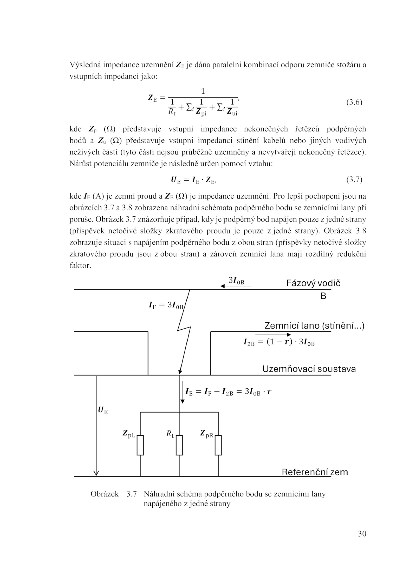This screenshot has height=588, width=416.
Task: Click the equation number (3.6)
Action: tap(354, 102)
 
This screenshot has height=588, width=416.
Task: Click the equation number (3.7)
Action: tap(354, 180)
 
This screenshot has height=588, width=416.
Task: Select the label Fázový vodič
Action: tap(313, 283)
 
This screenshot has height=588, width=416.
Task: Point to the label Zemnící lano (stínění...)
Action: tap(314, 326)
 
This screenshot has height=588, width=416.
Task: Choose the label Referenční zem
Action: tap(315, 472)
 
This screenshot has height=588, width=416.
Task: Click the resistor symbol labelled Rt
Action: tap(179, 445)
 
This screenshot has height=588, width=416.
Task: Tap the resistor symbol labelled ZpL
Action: tap(140, 445)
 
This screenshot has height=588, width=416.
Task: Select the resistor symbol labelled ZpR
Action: tap(218, 445)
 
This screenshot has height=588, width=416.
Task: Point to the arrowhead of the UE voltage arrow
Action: tap(96, 473)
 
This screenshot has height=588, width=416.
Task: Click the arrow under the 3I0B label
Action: tap(236, 286)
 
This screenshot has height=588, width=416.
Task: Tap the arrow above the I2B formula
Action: tap(273, 335)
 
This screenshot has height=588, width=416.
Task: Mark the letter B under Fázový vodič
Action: tap(323, 296)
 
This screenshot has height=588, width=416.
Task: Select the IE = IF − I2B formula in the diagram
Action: tap(228, 391)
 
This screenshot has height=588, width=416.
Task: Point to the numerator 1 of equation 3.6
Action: tap(203, 91)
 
